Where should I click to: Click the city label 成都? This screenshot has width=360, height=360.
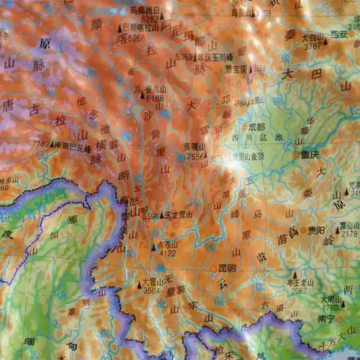[x=256, y=127]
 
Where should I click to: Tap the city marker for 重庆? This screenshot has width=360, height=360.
[x=296, y=154]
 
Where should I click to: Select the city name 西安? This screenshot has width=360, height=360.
[x=339, y=33]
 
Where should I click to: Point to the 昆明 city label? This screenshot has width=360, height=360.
[x=226, y=268]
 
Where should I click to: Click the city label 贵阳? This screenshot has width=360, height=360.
[x=315, y=230]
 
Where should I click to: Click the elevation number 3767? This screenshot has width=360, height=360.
[x=312, y=45]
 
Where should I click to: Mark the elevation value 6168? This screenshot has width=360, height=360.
[x=155, y=98]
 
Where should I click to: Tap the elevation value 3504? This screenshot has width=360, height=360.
[x=151, y=292]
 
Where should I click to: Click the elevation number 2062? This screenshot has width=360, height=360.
[x=300, y=291]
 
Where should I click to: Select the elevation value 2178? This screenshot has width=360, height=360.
[x=349, y=233]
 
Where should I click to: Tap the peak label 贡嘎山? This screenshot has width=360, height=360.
[x=194, y=147]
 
